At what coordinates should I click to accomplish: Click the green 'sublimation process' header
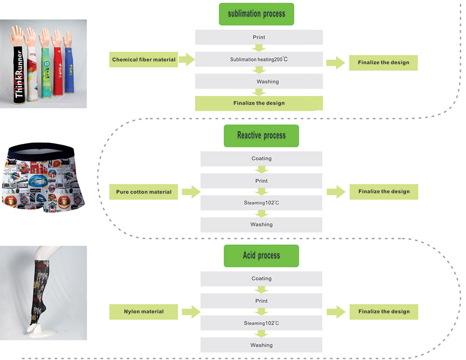[x=256, y=14]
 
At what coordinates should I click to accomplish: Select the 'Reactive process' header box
[x=261, y=136]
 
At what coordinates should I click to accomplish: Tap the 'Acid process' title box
[x=261, y=256]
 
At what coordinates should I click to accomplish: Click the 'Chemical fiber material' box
[x=144, y=60]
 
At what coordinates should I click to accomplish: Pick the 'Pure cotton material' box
[x=144, y=192]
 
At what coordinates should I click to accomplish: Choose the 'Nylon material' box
[x=144, y=312]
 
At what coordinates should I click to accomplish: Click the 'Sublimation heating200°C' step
[x=259, y=59]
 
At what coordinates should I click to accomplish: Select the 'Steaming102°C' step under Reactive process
[x=261, y=203]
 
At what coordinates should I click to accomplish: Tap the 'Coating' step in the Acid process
[x=261, y=278]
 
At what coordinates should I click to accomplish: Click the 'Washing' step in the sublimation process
[x=259, y=81]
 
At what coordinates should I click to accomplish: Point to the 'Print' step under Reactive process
[x=261, y=181]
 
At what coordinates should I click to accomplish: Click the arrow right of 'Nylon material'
[x=191, y=312]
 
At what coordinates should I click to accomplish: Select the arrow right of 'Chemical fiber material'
[x=186, y=60]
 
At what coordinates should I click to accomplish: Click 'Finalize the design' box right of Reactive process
[x=384, y=191]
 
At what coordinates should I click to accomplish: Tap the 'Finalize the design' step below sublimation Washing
[x=259, y=103]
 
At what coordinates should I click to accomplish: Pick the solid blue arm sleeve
[x=69, y=70]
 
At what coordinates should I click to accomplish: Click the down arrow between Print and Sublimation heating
[x=259, y=48]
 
